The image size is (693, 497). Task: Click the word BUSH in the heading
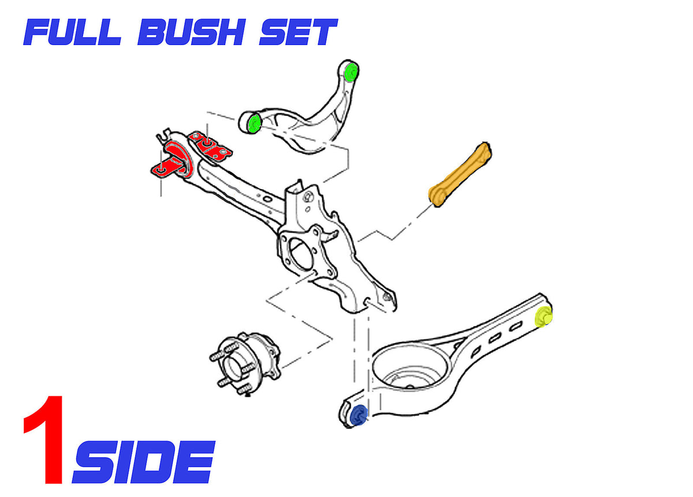[x=192, y=32]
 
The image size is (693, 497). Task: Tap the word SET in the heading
[x=299, y=32]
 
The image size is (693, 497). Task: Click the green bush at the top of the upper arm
[x=352, y=72]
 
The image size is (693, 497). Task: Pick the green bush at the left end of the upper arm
[x=255, y=123]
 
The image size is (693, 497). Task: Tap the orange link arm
[x=460, y=175]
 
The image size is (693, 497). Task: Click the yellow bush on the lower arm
[x=543, y=316]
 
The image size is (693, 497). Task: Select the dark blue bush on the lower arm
[x=359, y=416]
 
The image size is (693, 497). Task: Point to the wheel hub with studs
[x=244, y=364]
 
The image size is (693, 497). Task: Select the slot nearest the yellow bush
[x=515, y=326]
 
